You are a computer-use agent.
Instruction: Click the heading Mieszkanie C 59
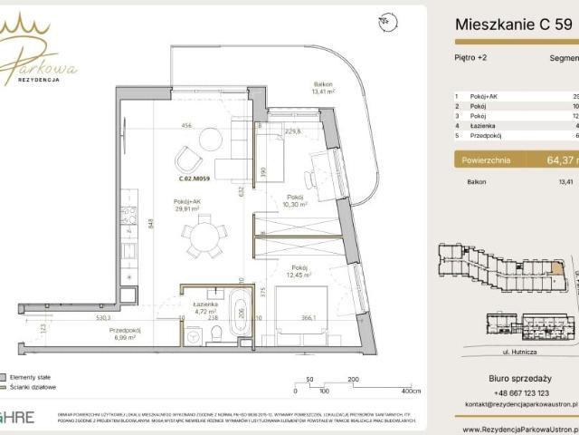pyautogui.click(x=512, y=25)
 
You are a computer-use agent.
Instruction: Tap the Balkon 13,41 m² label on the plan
pyautogui.click(x=323, y=87)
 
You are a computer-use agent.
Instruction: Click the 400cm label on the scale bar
pyautogui.click(x=411, y=391)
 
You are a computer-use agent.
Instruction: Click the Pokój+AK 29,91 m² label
pyautogui.click(x=192, y=203)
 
